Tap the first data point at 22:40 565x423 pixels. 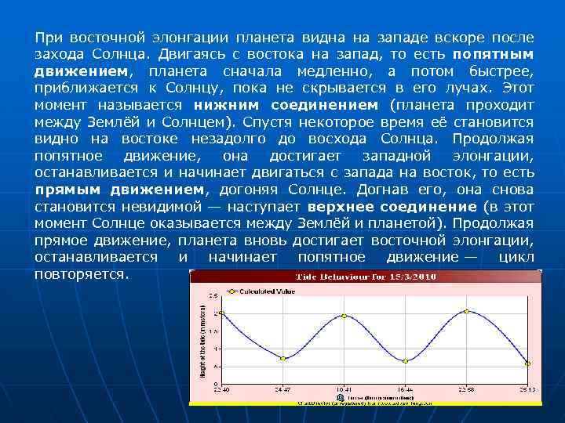(x=221, y=313)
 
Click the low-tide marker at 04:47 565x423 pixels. (x=283, y=358)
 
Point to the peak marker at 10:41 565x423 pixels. (x=344, y=316)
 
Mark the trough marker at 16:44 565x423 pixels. (x=406, y=361)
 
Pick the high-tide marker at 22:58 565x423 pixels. (x=466, y=311)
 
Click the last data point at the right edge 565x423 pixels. (x=527, y=363)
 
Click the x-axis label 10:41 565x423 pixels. (x=344, y=388)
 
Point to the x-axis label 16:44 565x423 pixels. (x=406, y=388)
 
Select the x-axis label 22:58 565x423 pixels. (x=466, y=388)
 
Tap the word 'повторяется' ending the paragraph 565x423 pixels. (x=82, y=275)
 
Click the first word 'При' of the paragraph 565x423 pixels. (x=49, y=38)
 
